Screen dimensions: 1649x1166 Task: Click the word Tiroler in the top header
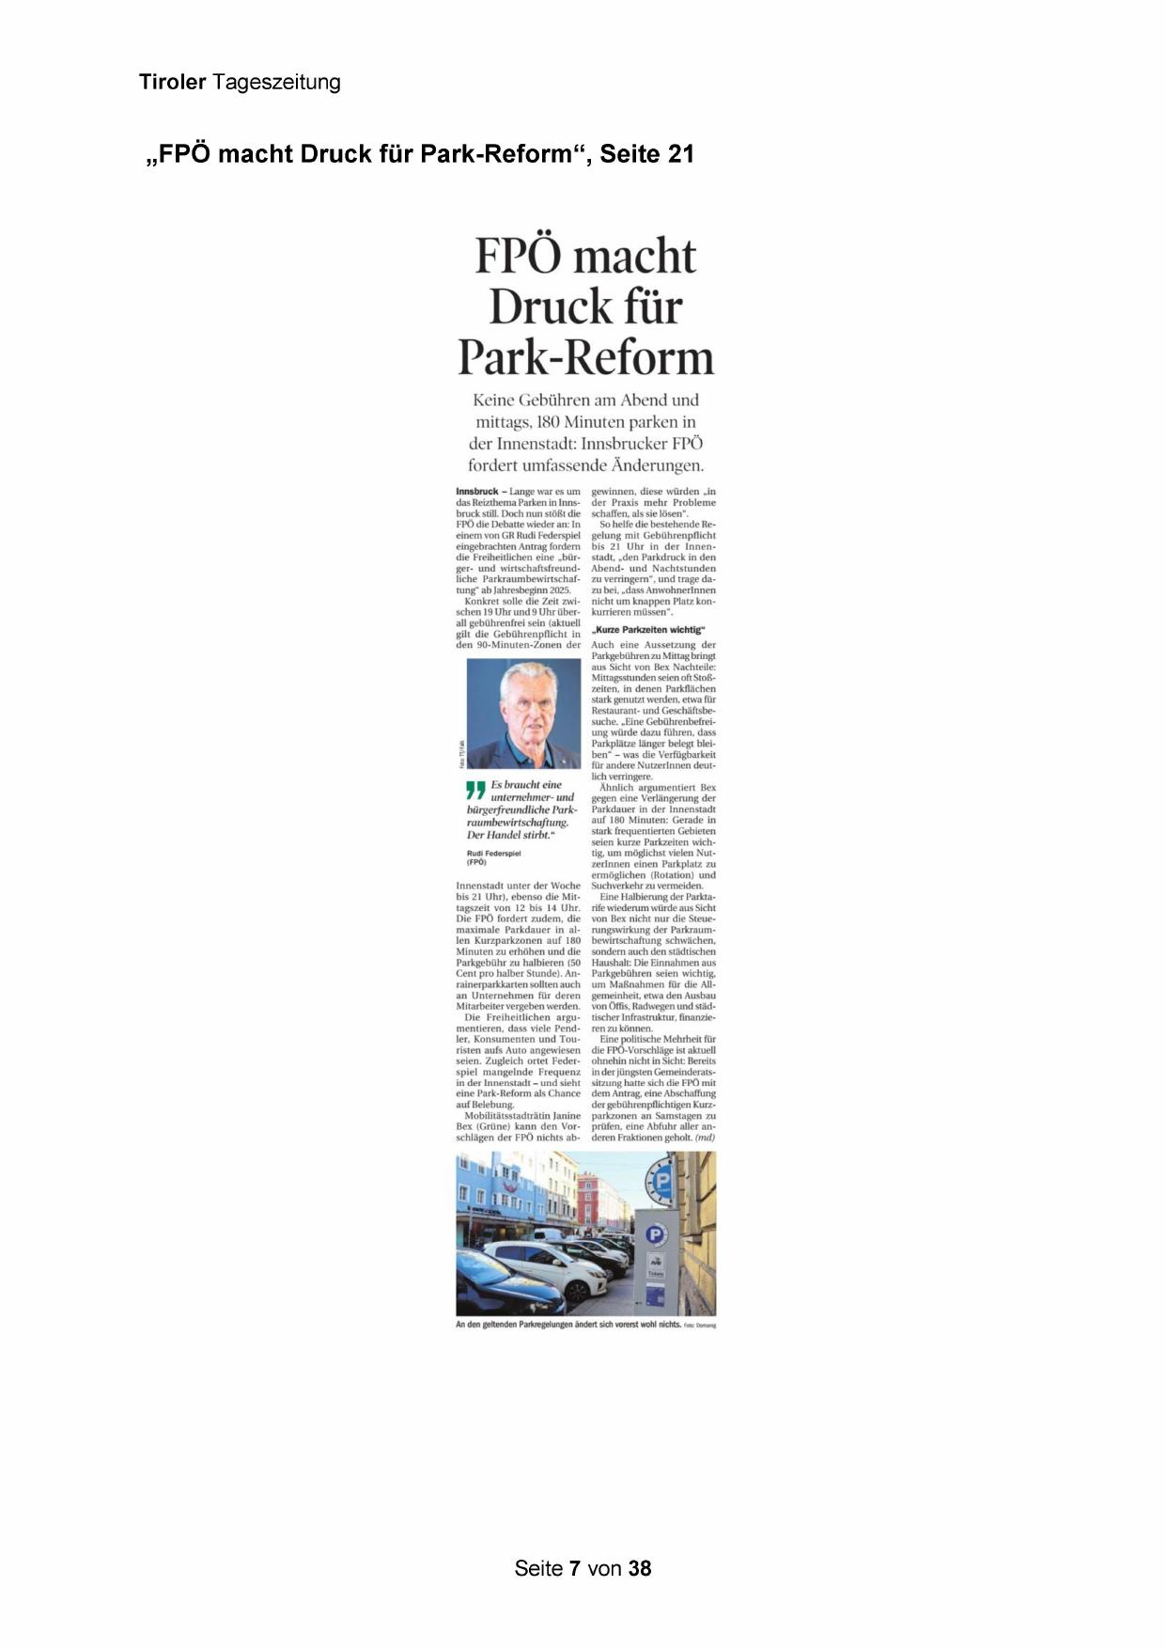pyautogui.click(x=172, y=83)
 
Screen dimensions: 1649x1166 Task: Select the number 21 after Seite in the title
pyautogui.click(x=679, y=154)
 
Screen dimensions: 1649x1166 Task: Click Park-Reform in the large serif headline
pyautogui.click(x=585, y=358)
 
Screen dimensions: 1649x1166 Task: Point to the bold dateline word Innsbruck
pyautogui.click(x=476, y=492)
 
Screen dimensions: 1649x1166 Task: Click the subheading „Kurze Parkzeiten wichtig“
pyautogui.click(x=648, y=630)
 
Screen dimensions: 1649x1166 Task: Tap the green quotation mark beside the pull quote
pyautogui.click(x=476, y=791)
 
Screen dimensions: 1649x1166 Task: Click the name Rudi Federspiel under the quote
pyautogui.click(x=493, y=854)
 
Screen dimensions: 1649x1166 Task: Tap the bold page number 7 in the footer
pyautogui.click(x=574, y=1568)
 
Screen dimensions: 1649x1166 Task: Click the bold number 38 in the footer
pyautogui.click(x=640, y=1568)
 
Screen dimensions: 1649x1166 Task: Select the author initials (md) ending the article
pyautogui.click(x=705, y=1138)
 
